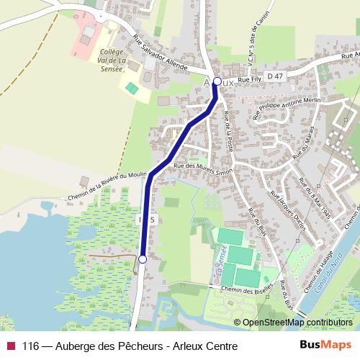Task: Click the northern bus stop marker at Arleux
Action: pos(217,81)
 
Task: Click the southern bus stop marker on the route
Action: pos(143,259)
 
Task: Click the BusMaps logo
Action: pos(326,344)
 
